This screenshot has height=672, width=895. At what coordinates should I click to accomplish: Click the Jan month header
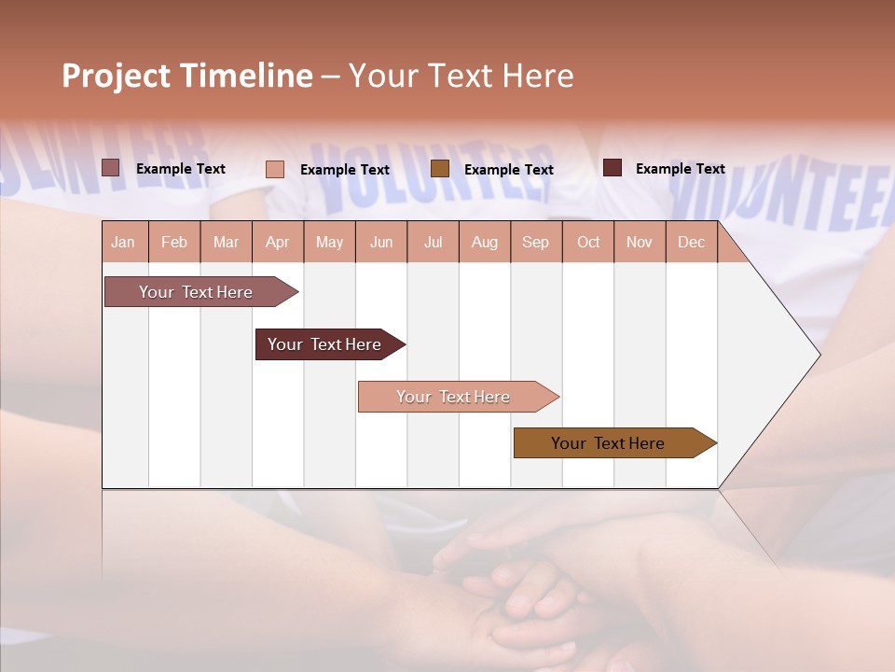click(x=124, y=242)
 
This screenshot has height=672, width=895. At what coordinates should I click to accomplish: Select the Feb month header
click(x=174, y=242)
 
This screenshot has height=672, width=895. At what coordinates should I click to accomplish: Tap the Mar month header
click(x=226, y=242)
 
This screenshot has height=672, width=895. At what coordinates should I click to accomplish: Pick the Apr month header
click(x=278, y=242)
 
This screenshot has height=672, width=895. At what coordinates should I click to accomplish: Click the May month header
click(x=329, y=242)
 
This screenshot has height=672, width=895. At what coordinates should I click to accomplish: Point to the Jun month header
click(x=381, y=242)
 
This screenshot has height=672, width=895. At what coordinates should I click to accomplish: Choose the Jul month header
click(x=433, y=242)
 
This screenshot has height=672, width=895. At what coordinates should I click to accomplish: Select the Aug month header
click(x=485, y=242)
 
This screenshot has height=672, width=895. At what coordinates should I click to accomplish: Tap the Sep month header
click(x=536, y=242)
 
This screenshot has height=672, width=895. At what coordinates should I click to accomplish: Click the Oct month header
click(x=588, y=242)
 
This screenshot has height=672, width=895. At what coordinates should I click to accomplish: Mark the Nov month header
click(x=640, y=242)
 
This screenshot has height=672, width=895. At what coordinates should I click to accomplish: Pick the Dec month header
click(x=692, y=242)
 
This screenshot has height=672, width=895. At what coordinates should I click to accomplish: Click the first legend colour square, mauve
click(x=111, y=168)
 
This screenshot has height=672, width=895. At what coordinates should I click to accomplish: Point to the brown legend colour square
click(x=440, y=168)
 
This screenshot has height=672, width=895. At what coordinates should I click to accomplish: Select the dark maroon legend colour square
click(x=613, y=168)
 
